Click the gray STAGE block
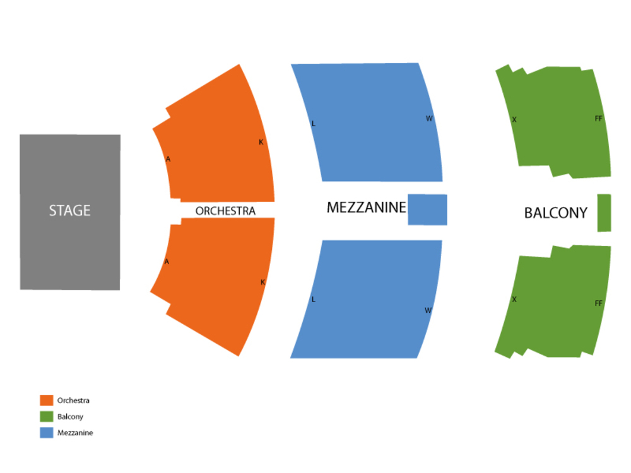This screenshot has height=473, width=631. tap(70, 211)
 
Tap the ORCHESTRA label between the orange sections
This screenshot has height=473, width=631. tap(225, 211)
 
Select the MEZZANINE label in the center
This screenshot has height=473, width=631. tap(366, 207)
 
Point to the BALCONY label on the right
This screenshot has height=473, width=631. tap(556, 213)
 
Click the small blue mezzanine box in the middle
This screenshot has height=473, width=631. tap(427, 209)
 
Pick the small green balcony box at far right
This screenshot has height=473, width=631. tap(604, 213)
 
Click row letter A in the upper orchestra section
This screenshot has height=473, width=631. tap(168, 160)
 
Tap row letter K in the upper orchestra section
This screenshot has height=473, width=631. tap(261, 143)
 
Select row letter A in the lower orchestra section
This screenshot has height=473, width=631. tap(167, 262)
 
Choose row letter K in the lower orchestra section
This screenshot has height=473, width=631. tap(263, 283)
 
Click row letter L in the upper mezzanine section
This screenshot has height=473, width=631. tap(314, 124)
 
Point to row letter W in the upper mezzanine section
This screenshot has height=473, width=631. tap(429, 119)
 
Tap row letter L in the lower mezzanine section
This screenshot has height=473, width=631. tap(313, 300)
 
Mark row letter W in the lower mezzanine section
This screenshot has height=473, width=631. tap(428, 310)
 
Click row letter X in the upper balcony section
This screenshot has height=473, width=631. tap(514, 120)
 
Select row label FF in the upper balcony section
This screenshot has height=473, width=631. tap(599, 119)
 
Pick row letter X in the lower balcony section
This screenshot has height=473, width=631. tap(514, 300)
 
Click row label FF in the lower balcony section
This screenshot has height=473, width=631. tap(599, 304)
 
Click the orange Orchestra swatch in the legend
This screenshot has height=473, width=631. tap(46, 400)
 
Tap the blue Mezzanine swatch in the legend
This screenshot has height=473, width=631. tap(46, 433)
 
